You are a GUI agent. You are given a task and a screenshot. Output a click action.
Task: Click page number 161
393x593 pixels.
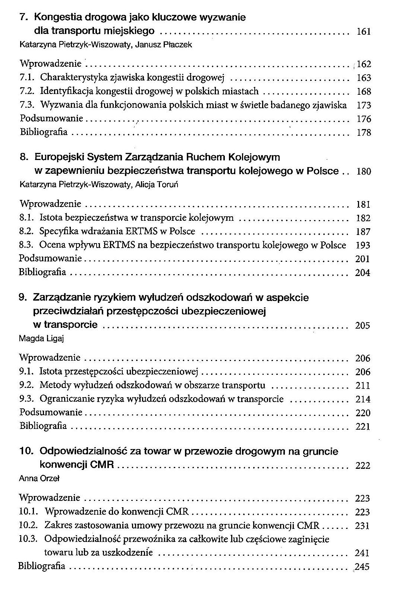(363, 32)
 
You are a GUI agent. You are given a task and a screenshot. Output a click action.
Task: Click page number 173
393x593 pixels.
(364, 106)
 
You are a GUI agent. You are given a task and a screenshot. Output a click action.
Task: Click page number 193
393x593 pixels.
(363, 245)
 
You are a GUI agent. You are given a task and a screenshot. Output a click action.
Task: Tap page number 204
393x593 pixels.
(362, 273)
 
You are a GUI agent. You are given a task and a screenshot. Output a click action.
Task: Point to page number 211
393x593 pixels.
(363, 386)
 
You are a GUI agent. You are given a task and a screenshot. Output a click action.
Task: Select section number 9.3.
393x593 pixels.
(27, 399)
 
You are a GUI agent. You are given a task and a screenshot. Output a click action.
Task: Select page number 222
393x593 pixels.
(363, 466)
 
